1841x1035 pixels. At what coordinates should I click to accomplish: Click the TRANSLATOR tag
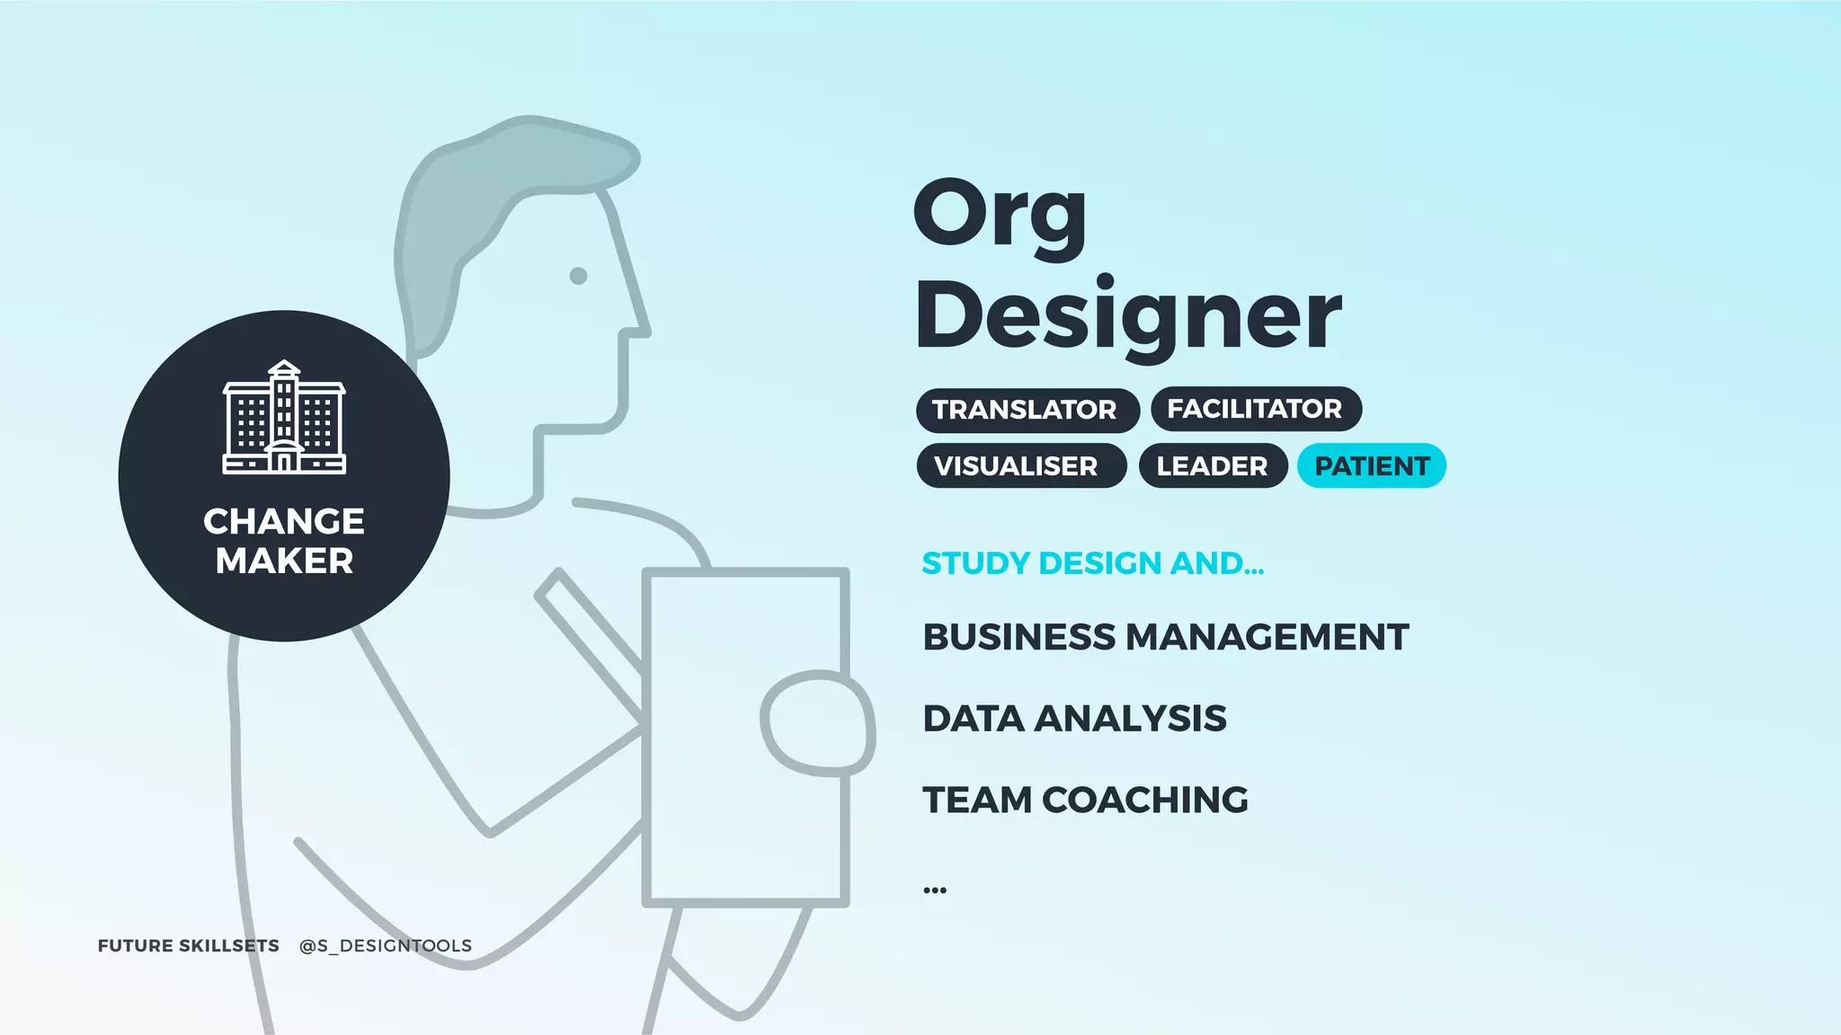[1027, 410]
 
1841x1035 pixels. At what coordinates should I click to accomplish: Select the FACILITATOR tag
[1255, 409]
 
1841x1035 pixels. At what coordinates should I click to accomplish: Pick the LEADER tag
[1212, 466]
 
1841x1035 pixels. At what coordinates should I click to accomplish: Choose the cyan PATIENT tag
[1371, 466]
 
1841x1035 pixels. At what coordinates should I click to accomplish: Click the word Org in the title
[1000, 216]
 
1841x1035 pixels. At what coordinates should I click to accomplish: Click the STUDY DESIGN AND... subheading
[1092, 563]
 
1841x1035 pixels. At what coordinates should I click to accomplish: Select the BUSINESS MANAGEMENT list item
[1165, 637]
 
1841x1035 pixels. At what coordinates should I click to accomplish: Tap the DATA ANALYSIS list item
[1074, 719]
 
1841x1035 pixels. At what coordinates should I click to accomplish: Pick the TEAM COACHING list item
[1085, 800]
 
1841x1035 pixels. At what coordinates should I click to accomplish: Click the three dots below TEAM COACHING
[934, 890]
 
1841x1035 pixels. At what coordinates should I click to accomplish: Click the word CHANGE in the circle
[284, 521]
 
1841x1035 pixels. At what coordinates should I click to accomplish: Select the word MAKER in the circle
[284, 561]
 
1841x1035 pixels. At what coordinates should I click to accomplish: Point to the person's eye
[579, 276]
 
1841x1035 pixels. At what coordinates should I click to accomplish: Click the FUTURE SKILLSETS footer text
[188, 946]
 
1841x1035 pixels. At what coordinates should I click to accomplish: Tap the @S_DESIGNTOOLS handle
[385, 946]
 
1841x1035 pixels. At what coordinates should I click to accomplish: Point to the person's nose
[640, 323]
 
